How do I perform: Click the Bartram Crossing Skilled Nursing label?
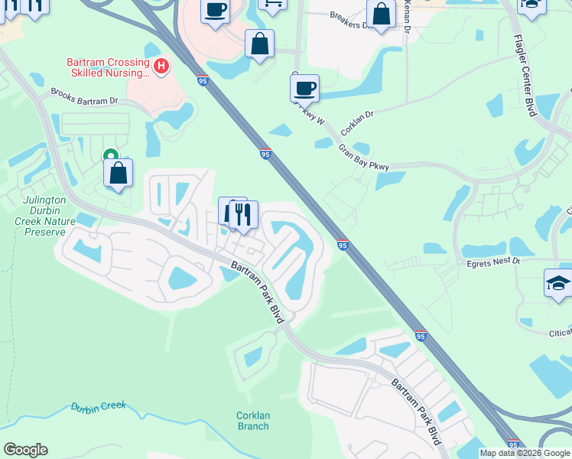[x=107, y=67]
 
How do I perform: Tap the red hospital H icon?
[x=161, y=67]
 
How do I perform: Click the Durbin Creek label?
[x=98, y=406]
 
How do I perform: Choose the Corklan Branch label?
[x=252, y=421]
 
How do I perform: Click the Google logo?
[x=25, y=450]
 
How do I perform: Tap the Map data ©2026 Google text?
[x=524, y=453]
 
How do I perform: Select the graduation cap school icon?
[x=558, y=283]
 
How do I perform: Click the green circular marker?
[x=111, y=155]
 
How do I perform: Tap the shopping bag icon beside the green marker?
[x=119, y=174]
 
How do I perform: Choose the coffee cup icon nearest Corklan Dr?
[x=304, y=88]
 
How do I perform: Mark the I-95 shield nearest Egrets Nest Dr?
[x=343, y=245]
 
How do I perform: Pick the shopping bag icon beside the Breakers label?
[x=381, y=14]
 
